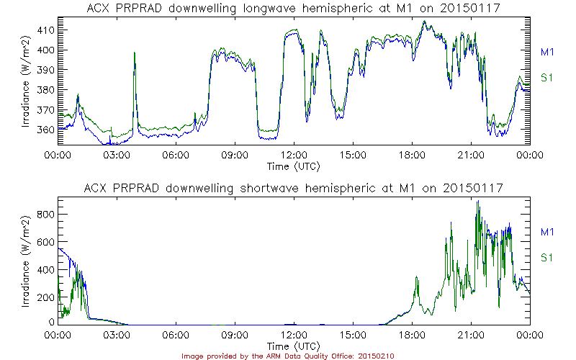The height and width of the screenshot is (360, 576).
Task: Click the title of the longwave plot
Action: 294,8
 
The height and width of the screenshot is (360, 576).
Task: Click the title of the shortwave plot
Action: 294,188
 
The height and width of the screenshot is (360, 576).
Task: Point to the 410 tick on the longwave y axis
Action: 46,31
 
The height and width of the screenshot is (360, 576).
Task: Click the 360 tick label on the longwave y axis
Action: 46,130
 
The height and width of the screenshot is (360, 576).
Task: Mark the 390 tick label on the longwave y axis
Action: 46,71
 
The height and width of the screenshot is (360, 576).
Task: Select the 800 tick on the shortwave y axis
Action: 46,214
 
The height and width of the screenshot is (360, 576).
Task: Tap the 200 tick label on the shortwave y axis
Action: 46,296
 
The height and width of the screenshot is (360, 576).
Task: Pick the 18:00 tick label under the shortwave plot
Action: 412,336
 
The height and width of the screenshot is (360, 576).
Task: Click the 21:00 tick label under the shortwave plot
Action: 471,336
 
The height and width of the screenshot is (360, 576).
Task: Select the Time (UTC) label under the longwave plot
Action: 294,166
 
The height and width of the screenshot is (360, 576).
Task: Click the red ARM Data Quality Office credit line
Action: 288,355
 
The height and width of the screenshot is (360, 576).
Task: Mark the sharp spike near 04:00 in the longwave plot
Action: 134,53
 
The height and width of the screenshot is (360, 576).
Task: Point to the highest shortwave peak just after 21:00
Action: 478,202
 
